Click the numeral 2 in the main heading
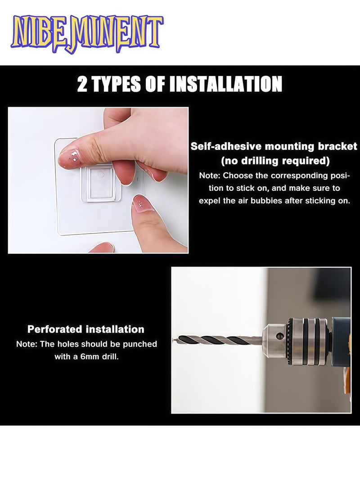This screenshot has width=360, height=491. pos(82,85)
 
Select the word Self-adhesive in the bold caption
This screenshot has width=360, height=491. pos(226,146)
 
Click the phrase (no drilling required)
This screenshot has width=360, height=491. pos(275,161)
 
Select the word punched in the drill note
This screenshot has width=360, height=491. pos(140,344)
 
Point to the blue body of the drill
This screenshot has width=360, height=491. pos(341,333)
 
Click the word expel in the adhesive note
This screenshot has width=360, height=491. pos(209,201)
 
